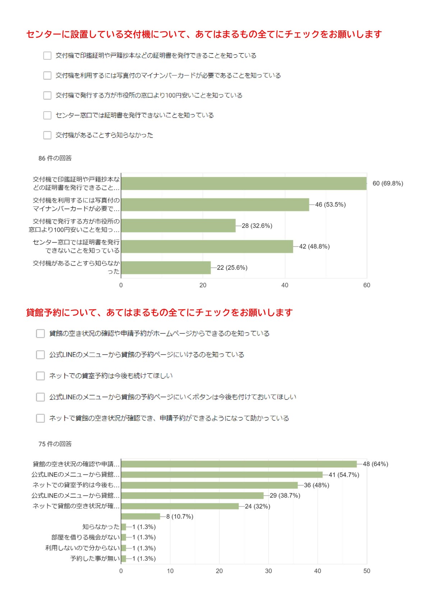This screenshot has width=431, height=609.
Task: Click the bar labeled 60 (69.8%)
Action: pos(244,183)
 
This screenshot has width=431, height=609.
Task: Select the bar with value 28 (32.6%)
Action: pos(179,226)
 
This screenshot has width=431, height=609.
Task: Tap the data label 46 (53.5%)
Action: pos(330,205)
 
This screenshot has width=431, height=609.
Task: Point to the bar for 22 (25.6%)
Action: pos(166,268)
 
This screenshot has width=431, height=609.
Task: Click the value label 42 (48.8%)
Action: pos(314,247)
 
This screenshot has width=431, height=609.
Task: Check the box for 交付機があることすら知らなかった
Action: pos(47,135)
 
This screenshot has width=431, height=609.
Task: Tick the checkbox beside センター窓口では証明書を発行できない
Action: pos(47,115)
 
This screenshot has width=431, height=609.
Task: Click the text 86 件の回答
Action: pos(55,158)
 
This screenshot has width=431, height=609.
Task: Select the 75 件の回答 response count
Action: pos(55,444)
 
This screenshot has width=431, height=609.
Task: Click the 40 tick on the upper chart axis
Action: pos(285,285)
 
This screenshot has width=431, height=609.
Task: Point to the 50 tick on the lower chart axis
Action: pos(367,571)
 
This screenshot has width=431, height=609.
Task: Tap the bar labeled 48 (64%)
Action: pos(239,464)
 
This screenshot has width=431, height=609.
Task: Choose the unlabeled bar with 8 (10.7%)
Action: pos(141,516)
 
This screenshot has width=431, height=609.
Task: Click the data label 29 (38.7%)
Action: pos(285,496)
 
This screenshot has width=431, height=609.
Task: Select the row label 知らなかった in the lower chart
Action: pos(101,527)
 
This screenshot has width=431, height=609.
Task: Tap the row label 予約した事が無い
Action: pos(95,558)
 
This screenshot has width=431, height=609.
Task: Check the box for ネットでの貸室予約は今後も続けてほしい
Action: pos(41,376)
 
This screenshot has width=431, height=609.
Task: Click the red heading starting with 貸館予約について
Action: pos(159,313)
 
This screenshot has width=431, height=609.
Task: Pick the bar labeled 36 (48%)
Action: pos(209,485)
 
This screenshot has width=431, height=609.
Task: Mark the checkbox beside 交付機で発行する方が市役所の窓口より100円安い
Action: pos(47,95)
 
